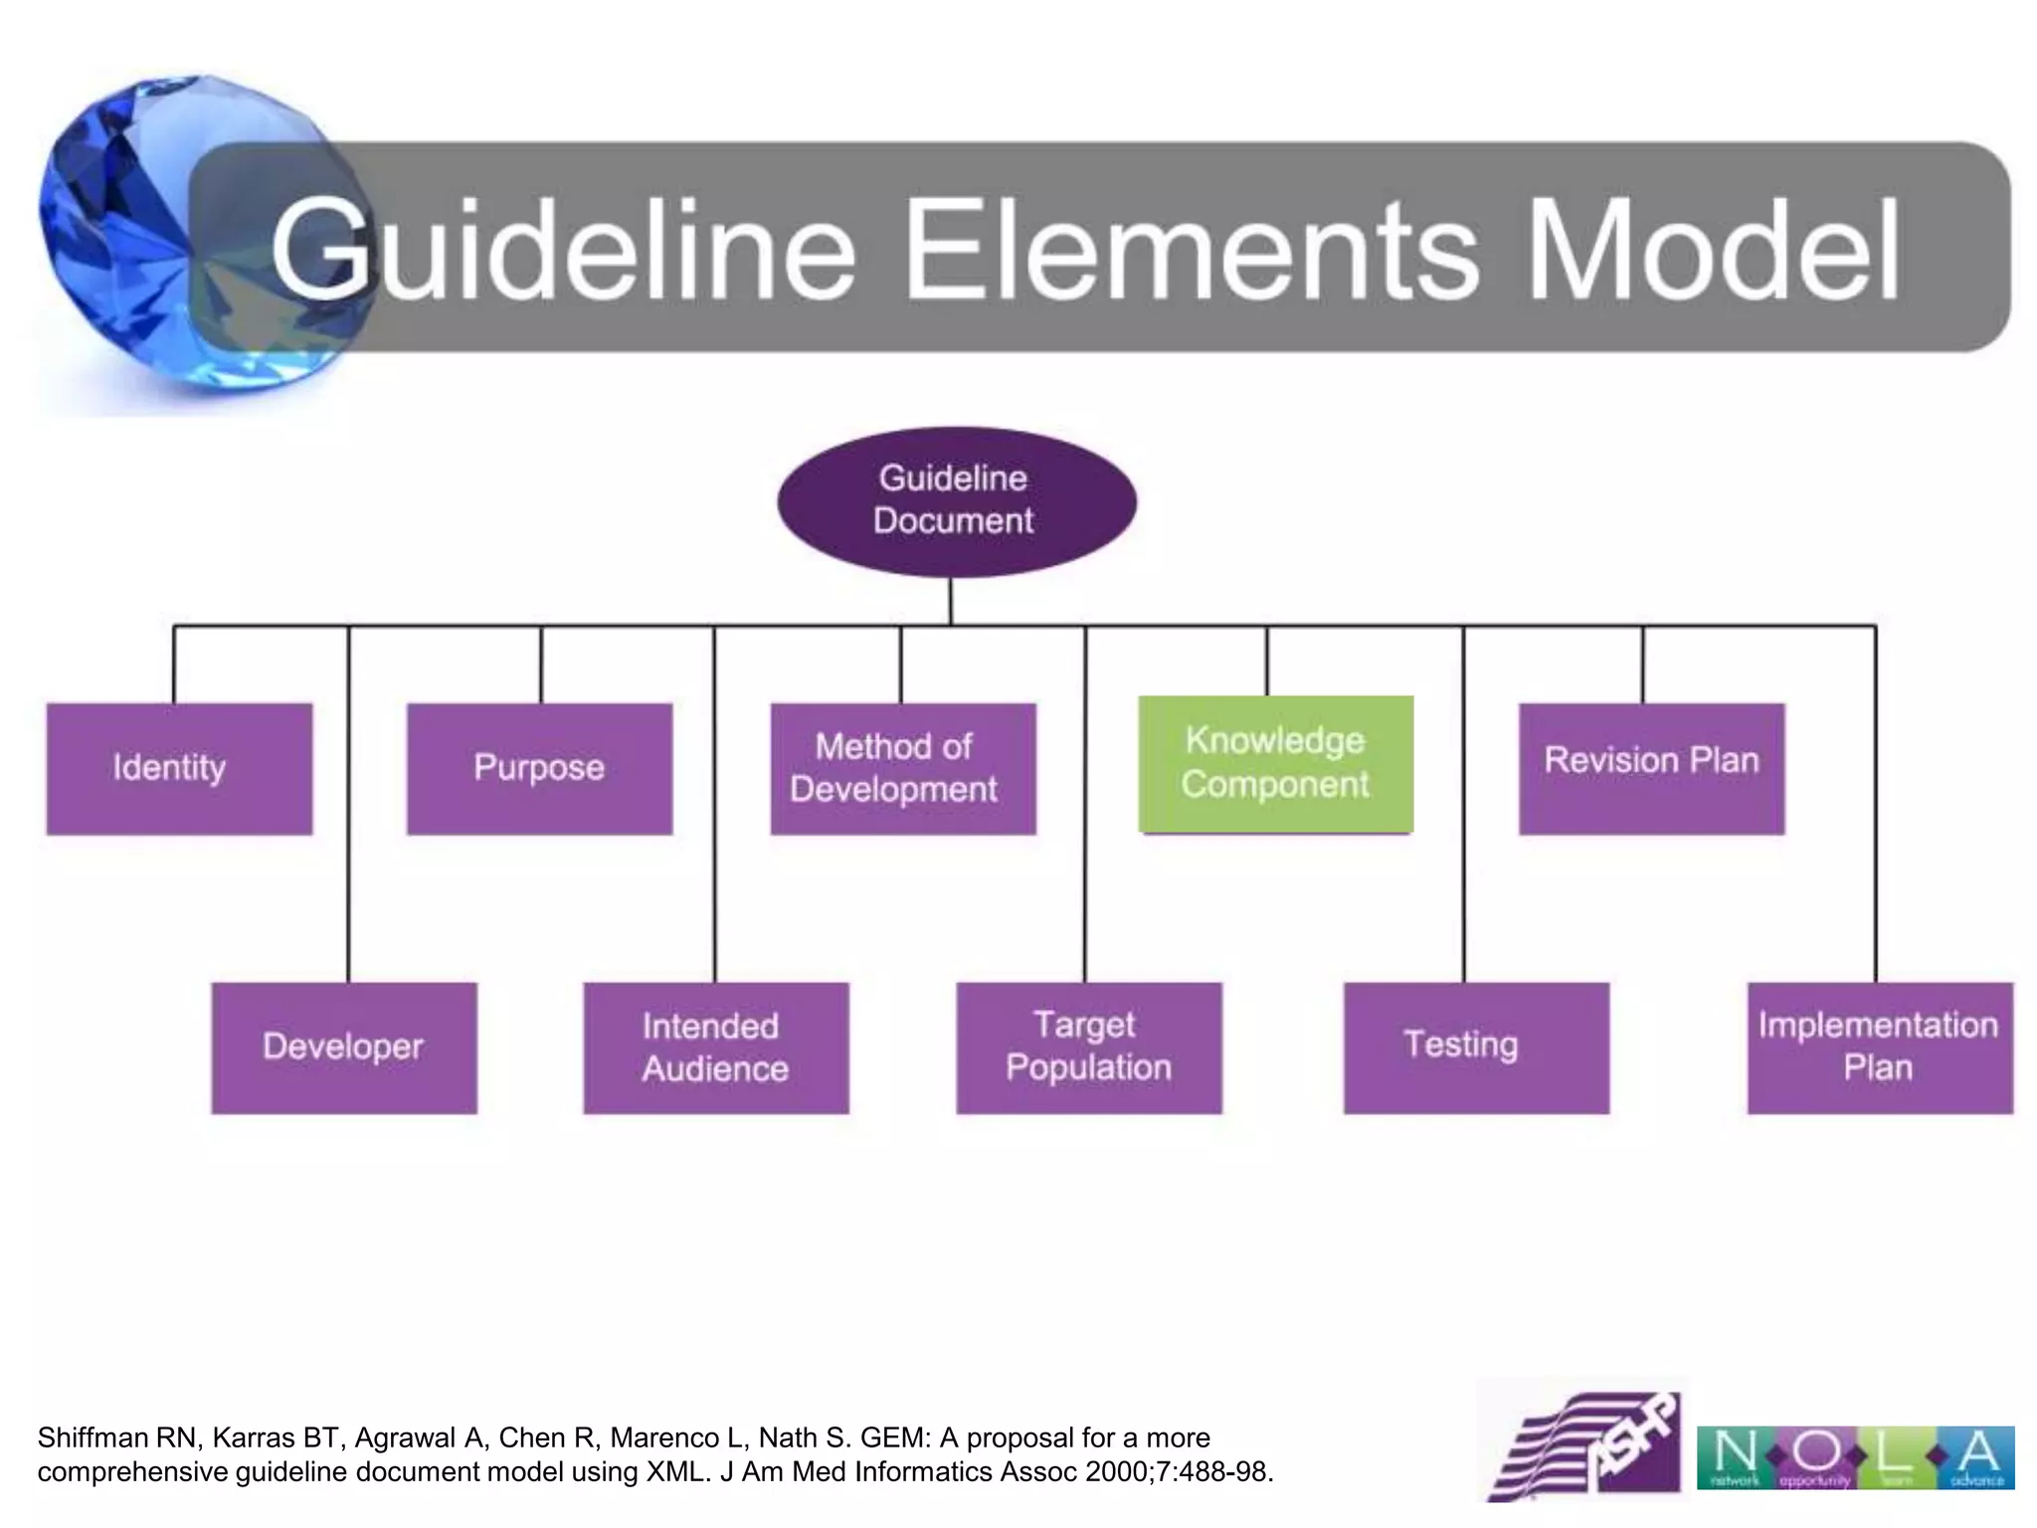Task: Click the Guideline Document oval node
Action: click(956, 501)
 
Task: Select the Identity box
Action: click(179, 768)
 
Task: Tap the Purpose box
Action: click(539, 768)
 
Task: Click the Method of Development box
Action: click(902, 768)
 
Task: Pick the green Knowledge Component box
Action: click(1275, 763)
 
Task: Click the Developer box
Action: click(343, 1048)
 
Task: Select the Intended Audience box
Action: click(715, 1048)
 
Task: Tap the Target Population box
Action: click(1088, 1048)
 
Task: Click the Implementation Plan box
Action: click(1879, 1048)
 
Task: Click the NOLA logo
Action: click(1854, 1457)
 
